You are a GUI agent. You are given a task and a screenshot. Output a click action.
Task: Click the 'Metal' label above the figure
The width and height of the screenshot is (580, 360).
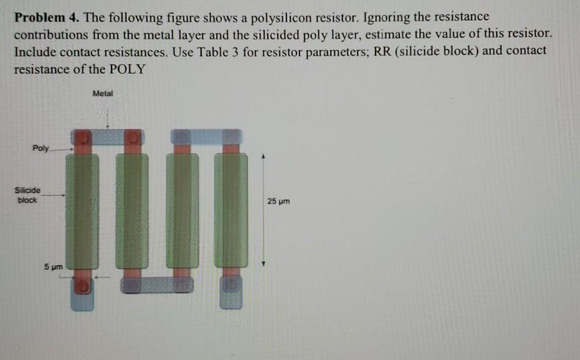(x=103, y=94)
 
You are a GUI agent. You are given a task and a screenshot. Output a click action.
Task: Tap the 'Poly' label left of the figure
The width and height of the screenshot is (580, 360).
(x=42, y=148)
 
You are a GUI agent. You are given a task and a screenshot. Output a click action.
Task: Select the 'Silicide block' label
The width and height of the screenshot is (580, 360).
(x=28, y=195)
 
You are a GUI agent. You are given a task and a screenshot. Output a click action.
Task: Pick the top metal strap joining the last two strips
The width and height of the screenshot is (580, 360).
(x=206, y=136)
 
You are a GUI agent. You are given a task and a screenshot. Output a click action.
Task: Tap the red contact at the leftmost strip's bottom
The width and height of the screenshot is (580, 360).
(x=84, y=285)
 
